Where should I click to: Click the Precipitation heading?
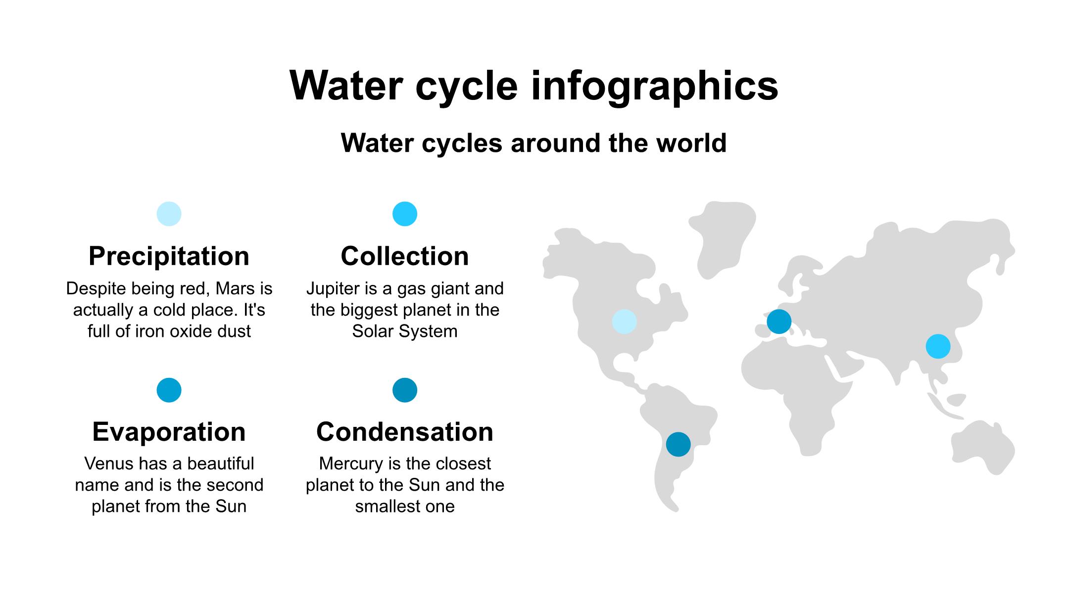pyautogui.click(x=169, y=256)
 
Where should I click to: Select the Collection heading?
pyautogui.click(x=405, y=256)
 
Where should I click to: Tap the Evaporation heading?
pyautogui.click(x=169, y=432)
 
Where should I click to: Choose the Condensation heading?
pyautogui.click(x=405, y=432)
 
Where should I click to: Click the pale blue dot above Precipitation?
pyautogui.click(x=169, y=214)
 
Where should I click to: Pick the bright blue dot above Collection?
pyautogui.click(x=405, y=214)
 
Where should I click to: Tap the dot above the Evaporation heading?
pyautogui.click(x=169, y=390)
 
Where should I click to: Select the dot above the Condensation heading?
pyautogui.click(x=405, y=390)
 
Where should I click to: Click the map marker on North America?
pyautogui.click(x=624, y=322)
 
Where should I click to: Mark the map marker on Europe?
pyautogui.click(x=779, y=322)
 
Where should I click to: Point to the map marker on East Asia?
pyautogui.click(x=938, y=346)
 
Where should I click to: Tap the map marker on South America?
pyautogui.click(x=678, y=444)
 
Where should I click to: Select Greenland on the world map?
pyautogui.click(x=722, y=237)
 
